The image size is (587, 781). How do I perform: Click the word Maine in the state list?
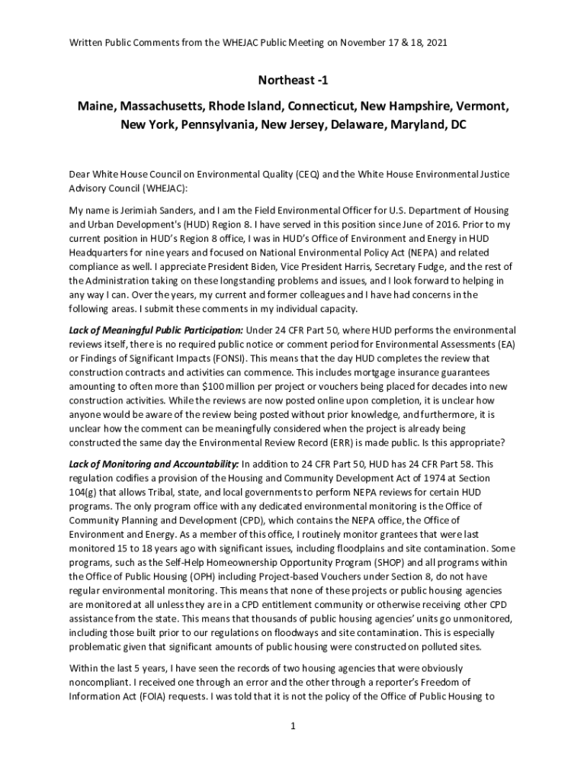tap(95, 105)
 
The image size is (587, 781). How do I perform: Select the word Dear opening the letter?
tap(80, 175)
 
